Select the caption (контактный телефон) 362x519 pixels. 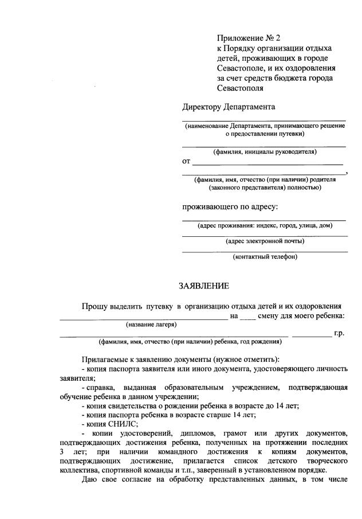point(265,256)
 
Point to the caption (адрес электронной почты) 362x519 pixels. point(265,241)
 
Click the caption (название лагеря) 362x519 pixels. point(144,324)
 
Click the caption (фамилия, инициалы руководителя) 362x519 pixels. point(265,152)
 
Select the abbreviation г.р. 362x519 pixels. point(339,333)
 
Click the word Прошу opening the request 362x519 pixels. point(94,307)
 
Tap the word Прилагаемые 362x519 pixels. point(104,359)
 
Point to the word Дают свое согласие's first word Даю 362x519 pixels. point(89,479)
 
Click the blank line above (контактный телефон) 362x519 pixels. point(265,252)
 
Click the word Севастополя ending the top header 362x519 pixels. point(240,88)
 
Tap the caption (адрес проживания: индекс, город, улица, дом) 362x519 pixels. point(265,225)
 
